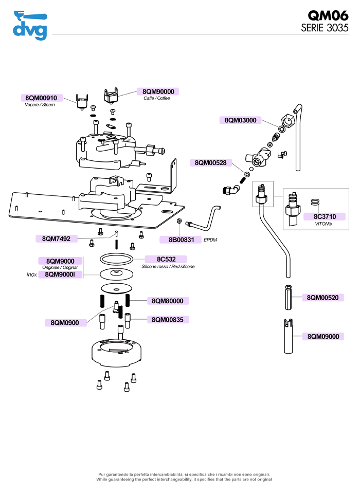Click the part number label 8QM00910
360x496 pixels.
click(41, 98)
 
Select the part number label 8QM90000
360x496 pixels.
click(158, 91)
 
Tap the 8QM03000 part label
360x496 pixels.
click(241, 120)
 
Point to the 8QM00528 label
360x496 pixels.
click(211, 162)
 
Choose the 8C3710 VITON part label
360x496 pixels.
click(325, 216)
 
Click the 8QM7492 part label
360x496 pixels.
click(57, 238)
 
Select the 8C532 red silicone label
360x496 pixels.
click(165, 259)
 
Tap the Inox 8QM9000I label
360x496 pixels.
click(60, 274)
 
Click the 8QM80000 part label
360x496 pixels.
click(168, 300)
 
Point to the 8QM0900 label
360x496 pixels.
click(65, 322)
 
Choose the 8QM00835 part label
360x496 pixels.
click(168, 320)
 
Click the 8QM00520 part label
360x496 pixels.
click(322, 298)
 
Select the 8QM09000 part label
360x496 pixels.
click(322, 336)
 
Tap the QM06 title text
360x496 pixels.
click(328, 15)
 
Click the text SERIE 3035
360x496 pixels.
click(325, 28)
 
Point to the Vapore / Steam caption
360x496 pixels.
click(40, 105)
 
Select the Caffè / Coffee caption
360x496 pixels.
click(157, 98)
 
